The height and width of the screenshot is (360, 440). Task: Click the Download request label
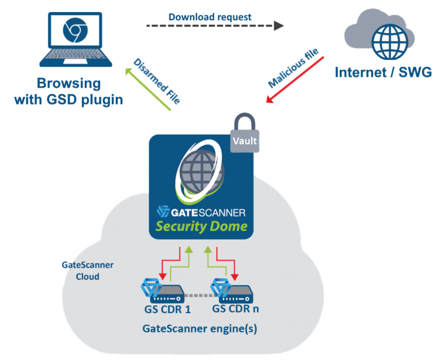210,17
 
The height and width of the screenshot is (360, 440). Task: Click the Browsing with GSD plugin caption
70,92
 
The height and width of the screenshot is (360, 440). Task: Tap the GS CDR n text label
236,309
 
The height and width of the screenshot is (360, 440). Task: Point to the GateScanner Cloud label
88,271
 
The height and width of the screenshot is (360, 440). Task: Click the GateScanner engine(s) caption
199,330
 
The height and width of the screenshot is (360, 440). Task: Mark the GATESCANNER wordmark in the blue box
202,211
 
